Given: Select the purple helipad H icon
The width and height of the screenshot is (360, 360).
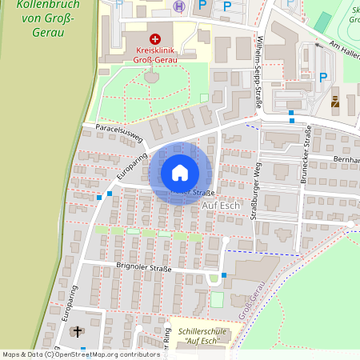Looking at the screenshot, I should pyautogui.click(x=179, y=6).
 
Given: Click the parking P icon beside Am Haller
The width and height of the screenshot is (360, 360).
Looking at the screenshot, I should pyautogui.click(x=323, y=78).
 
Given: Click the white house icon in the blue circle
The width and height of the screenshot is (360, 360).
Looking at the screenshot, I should pyautogui.click(x=180, y=172).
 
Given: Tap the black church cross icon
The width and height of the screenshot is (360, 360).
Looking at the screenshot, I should pyautogui.click(x=78, y=331).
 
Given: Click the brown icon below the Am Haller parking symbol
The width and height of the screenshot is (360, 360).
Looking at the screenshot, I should pyautogui.click(x=334, y=102).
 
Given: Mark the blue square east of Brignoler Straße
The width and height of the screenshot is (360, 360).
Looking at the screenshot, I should pyautogui.click(x=224, y=276).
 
